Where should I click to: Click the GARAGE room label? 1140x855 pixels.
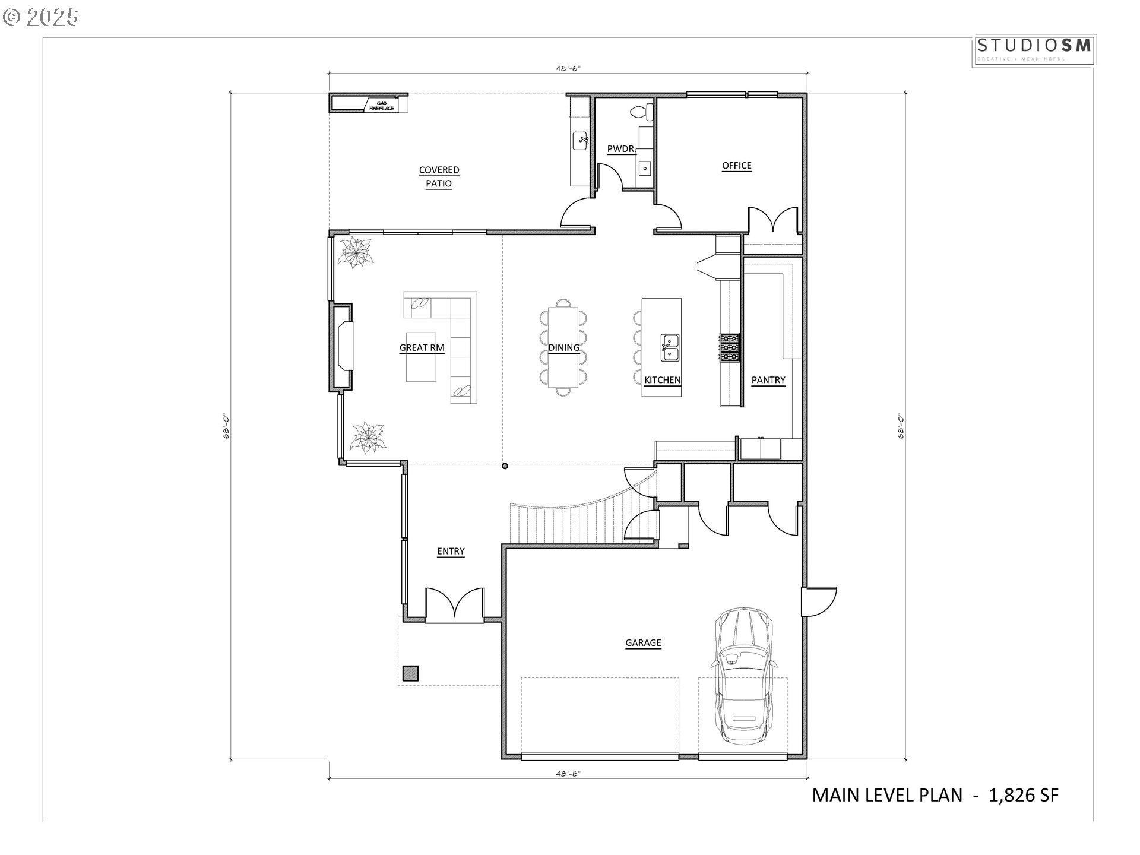pos(643,642)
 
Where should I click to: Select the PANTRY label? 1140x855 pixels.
pos(768,380)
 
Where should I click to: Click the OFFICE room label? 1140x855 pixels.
pos(736,166)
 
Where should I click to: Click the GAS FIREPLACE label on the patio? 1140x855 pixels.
pos(381,106)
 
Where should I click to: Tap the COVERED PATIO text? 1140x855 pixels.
pos(439,176)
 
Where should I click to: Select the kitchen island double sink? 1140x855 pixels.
pos(671,347)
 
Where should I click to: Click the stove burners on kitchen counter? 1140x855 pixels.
pos(730,347)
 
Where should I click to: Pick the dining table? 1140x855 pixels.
pos(563,347)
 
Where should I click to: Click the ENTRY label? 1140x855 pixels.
pos(451,551)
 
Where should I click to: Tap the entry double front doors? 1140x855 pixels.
pos(455,606)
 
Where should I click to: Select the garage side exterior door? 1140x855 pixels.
pos(818,602)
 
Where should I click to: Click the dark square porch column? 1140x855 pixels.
pos(410,673)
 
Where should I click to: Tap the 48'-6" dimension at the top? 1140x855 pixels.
pos(568,68)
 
